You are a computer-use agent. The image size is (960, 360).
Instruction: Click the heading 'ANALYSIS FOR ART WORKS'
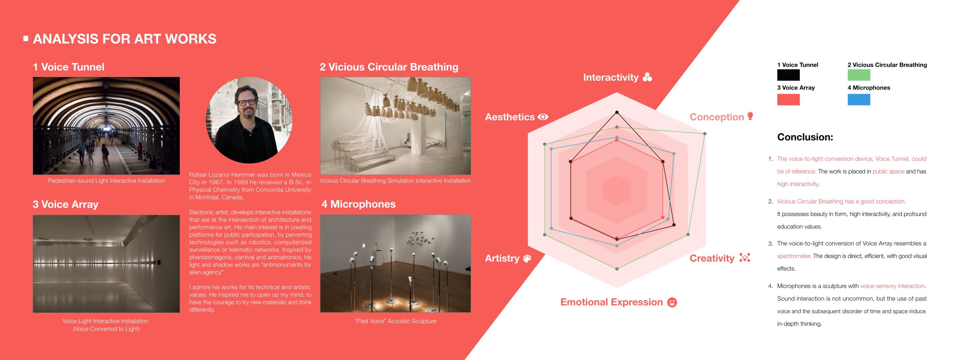click(x=124, y=39)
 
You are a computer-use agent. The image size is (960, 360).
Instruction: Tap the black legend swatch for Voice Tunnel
click(x=788, y=75)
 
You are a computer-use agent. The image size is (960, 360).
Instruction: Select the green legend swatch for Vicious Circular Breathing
click(x=859, y=75)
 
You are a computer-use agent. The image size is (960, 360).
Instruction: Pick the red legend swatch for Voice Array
click(x=788, y=99)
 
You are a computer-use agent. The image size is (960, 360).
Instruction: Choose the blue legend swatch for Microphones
click(x=859, y=99)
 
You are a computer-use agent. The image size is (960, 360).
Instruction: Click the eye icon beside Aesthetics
click(x=543, y=117)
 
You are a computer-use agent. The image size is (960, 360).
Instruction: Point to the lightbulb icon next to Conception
click(x=750, y=116)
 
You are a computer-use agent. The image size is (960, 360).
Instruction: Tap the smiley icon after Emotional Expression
click(x=672, y=302)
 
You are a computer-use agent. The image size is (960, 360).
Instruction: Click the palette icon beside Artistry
click(x=527, y=258)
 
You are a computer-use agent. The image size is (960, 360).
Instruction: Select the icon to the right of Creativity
click(x=744, y=258)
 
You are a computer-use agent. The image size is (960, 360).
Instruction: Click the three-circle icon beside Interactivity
click(x=647, y=77)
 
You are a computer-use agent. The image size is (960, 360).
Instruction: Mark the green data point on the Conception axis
click(x=705, y=133)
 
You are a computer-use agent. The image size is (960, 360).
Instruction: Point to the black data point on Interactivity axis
click(x=617, y=112)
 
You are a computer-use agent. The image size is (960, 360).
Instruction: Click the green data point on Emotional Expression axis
click(x=617, y=269)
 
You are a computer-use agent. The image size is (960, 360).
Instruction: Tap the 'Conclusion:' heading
click(x=805, y=137)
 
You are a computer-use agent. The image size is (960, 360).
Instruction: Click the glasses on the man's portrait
click(x=247, y=102)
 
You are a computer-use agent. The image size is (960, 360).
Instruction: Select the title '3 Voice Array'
click(x=66, y=204)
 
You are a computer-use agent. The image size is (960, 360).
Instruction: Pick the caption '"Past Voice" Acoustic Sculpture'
click(x=395, y=321)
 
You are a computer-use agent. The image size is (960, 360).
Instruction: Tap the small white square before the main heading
click(x=26, y=38)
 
